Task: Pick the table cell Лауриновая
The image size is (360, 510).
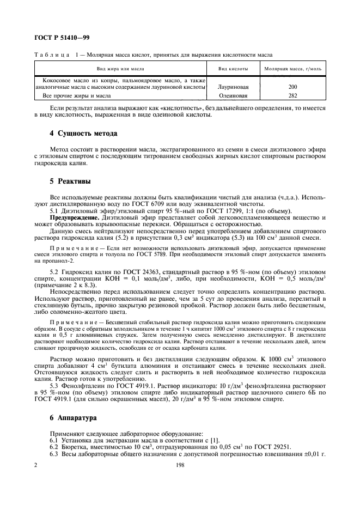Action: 233,87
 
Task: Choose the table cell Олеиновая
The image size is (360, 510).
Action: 233,95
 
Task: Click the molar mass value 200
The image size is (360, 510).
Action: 293,87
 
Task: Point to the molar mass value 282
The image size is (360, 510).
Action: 293,95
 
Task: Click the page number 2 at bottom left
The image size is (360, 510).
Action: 35,466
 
